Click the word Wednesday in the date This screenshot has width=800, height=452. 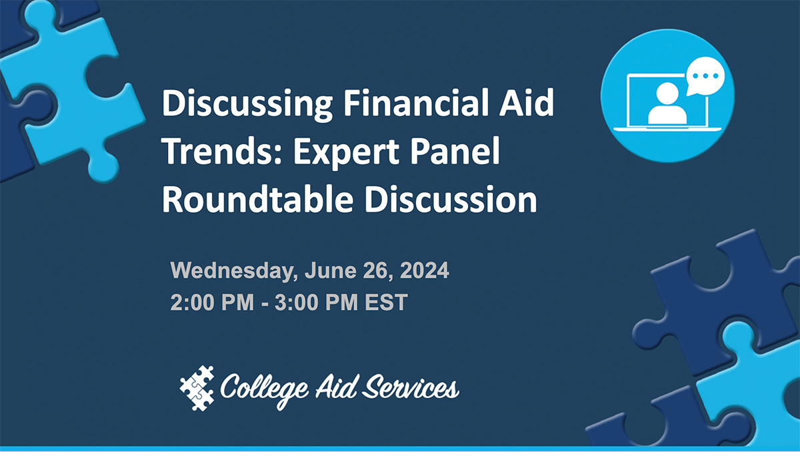pyautogui.click(x=233, y=272)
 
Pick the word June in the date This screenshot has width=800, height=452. pyautogui.click(x=327, y=272)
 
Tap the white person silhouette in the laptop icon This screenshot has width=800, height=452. pyautogui.click(x=667, y=103)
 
